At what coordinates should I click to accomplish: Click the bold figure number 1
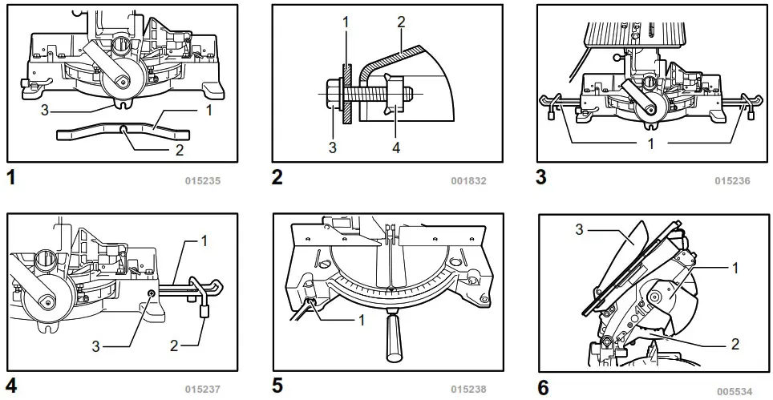[10, 177]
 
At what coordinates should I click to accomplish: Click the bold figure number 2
[277, 177]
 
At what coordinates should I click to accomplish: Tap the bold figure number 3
[541, 177]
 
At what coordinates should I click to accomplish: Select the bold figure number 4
[11, 386]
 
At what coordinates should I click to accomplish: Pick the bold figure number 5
[277, 386]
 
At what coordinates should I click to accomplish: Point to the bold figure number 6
[543, 387]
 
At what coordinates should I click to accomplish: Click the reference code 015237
[203, 390]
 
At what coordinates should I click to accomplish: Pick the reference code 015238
[468, 390]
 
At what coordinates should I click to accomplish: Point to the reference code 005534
[734, 392]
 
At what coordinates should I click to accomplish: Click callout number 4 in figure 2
[394, 147]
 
